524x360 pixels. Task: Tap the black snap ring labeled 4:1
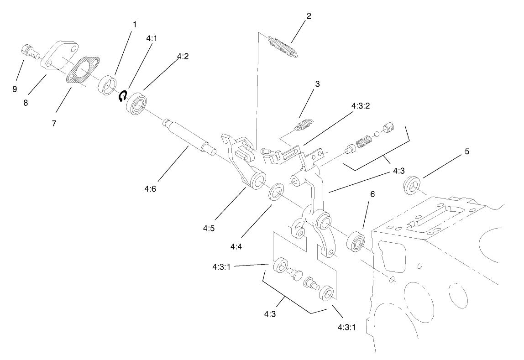(x=122, y=96)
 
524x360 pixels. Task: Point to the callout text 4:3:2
(x=360, y=106)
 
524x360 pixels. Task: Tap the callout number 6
(x=372, y=194)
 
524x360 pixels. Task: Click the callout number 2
(x=309, y=16)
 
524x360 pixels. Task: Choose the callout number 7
(x=53, y=123)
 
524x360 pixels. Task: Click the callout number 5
(x=466, y=151)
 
